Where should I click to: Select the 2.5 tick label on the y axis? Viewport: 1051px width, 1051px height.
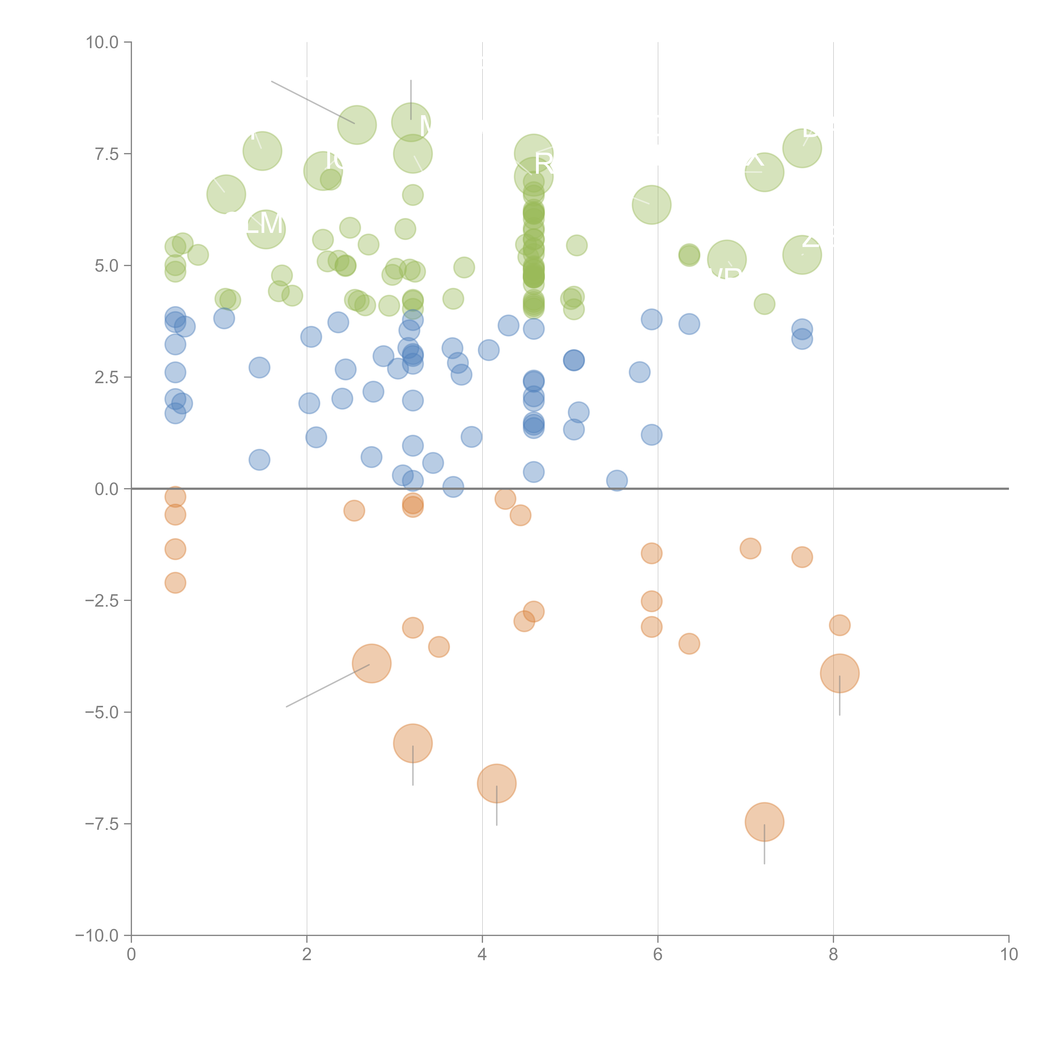pos(107,377)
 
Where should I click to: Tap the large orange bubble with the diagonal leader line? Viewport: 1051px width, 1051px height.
pos(372,663)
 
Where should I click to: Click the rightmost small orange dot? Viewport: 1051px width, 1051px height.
pos(839,625)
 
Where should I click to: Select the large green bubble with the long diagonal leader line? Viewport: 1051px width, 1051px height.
pos(357,125)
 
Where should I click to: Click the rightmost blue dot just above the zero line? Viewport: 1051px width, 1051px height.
pos(616,480)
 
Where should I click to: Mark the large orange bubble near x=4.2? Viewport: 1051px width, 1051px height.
pos(496,783)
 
